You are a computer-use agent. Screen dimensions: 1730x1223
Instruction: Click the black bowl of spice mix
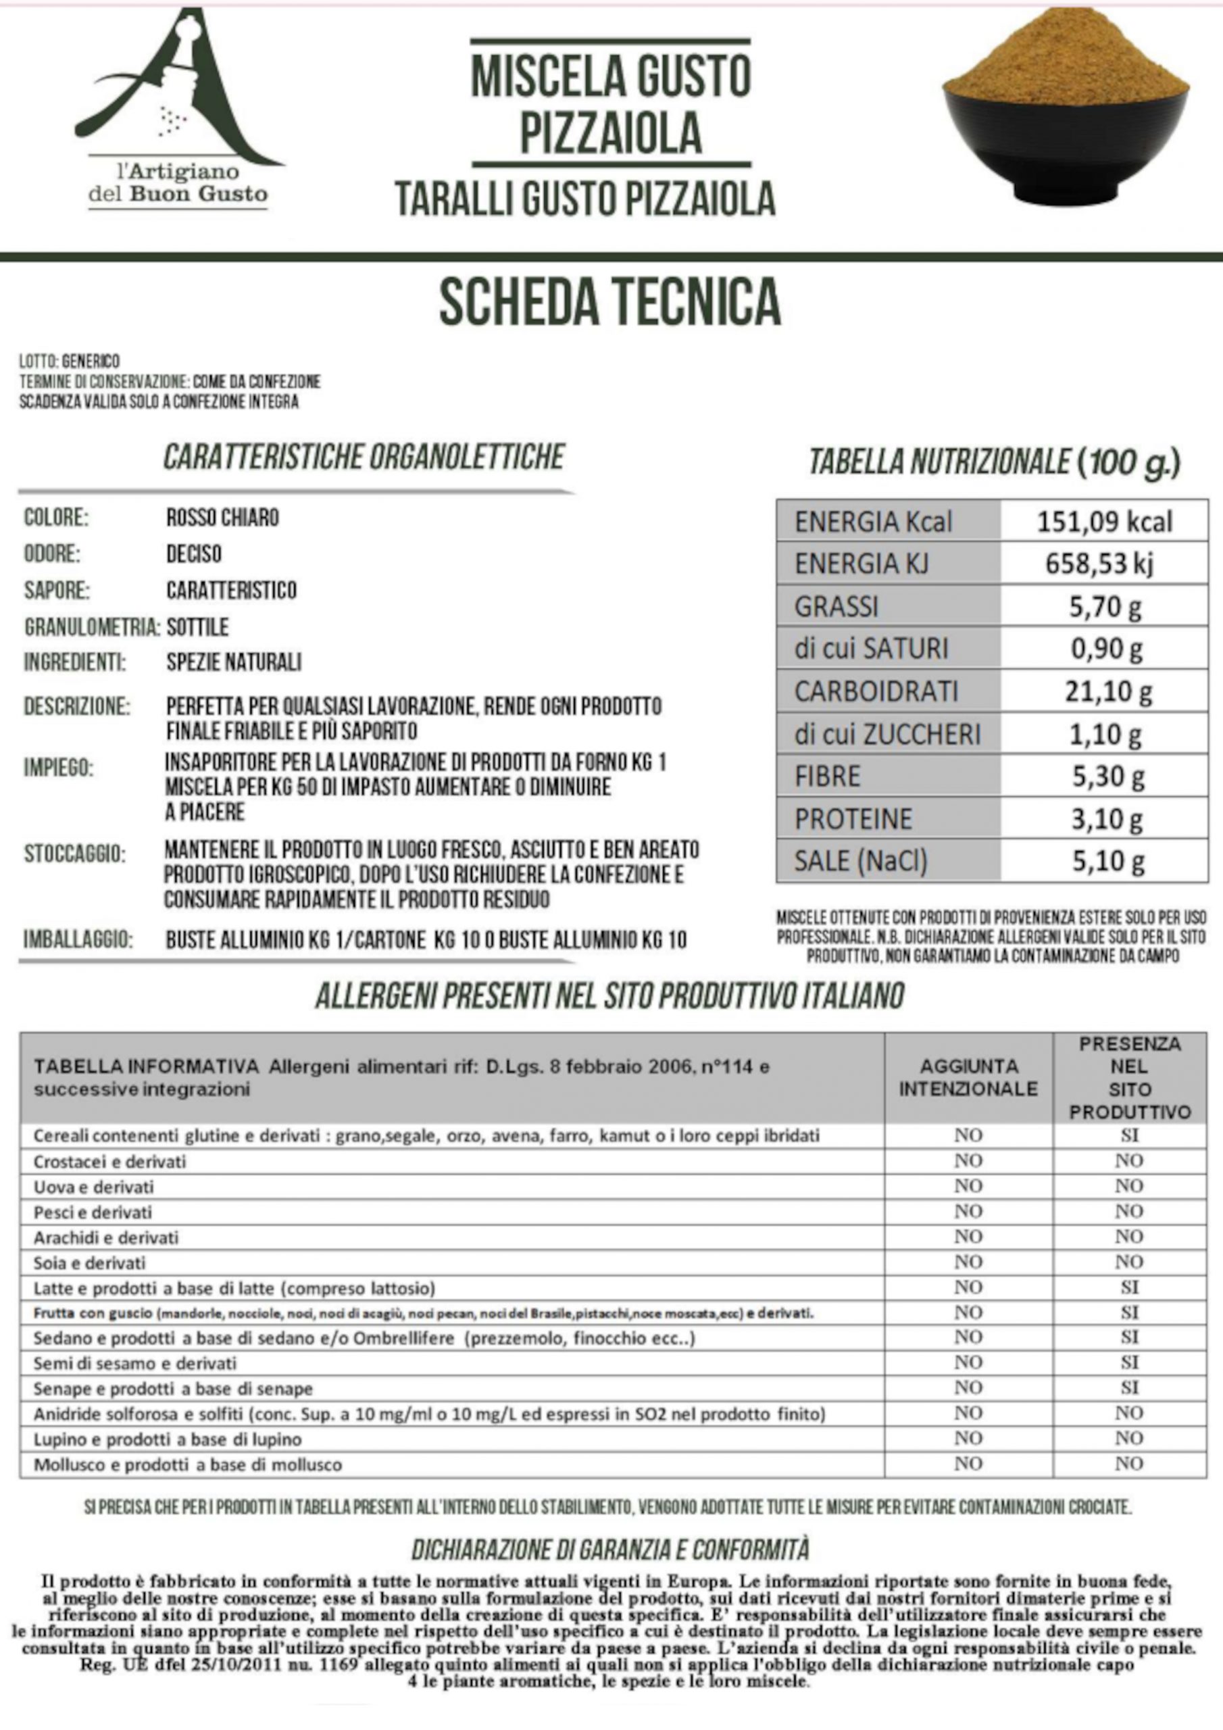click(x=1066, y=113)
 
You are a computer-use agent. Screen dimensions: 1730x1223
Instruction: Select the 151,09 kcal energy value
click(x=1104, y=522)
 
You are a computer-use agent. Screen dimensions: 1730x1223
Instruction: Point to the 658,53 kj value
click(x=1099, y=564)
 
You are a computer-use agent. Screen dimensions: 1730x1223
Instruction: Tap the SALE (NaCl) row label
click(x=861, y=861)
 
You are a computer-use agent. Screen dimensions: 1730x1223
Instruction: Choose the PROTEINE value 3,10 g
click(x=1107, y=819)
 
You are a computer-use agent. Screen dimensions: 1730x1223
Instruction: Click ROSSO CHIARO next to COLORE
click(x=222, y=518)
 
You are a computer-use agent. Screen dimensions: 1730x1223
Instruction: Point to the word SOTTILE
click(x=197, y=627)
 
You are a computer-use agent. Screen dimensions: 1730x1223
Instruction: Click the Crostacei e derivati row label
click(x=110, y=1161)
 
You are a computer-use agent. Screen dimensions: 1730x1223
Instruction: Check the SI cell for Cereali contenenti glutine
click(x=1129, y=1135)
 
